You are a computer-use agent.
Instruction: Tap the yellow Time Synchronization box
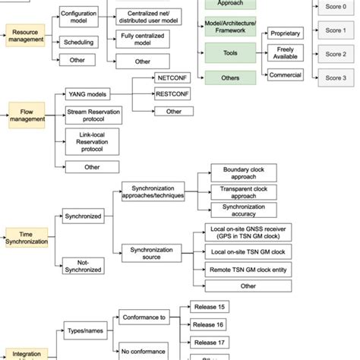[x=27, y=236]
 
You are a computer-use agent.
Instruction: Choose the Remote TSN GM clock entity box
[x=248, y=269]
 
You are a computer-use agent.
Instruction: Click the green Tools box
[x=225, y=55]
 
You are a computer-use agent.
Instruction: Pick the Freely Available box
[x=286, y=53]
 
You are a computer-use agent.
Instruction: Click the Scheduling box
[x=79, y=43]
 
